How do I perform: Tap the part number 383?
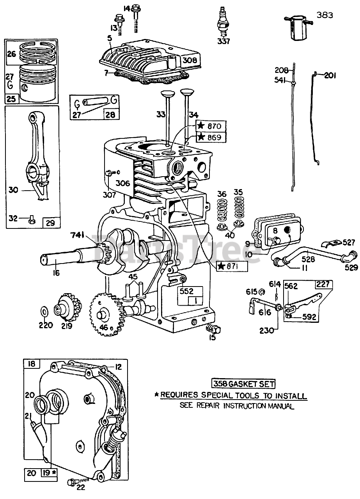325,15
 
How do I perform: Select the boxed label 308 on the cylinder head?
190,60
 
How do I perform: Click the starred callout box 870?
211,126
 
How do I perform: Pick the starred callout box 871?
232,266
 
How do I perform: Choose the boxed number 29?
51,223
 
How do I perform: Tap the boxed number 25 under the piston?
12,99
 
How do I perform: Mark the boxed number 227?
324,284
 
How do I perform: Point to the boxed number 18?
32,364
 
